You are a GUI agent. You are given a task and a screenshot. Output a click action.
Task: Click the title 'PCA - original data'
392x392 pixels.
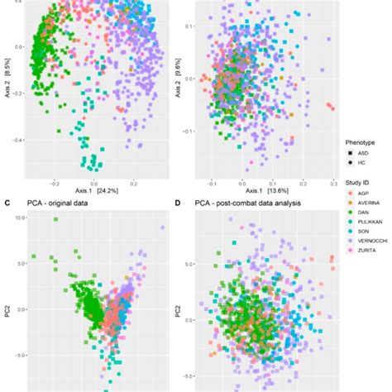pos(58,203)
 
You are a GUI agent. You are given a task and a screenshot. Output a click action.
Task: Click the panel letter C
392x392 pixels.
pos(7,203)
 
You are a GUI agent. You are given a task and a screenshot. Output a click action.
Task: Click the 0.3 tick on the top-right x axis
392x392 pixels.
pos(332,180)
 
